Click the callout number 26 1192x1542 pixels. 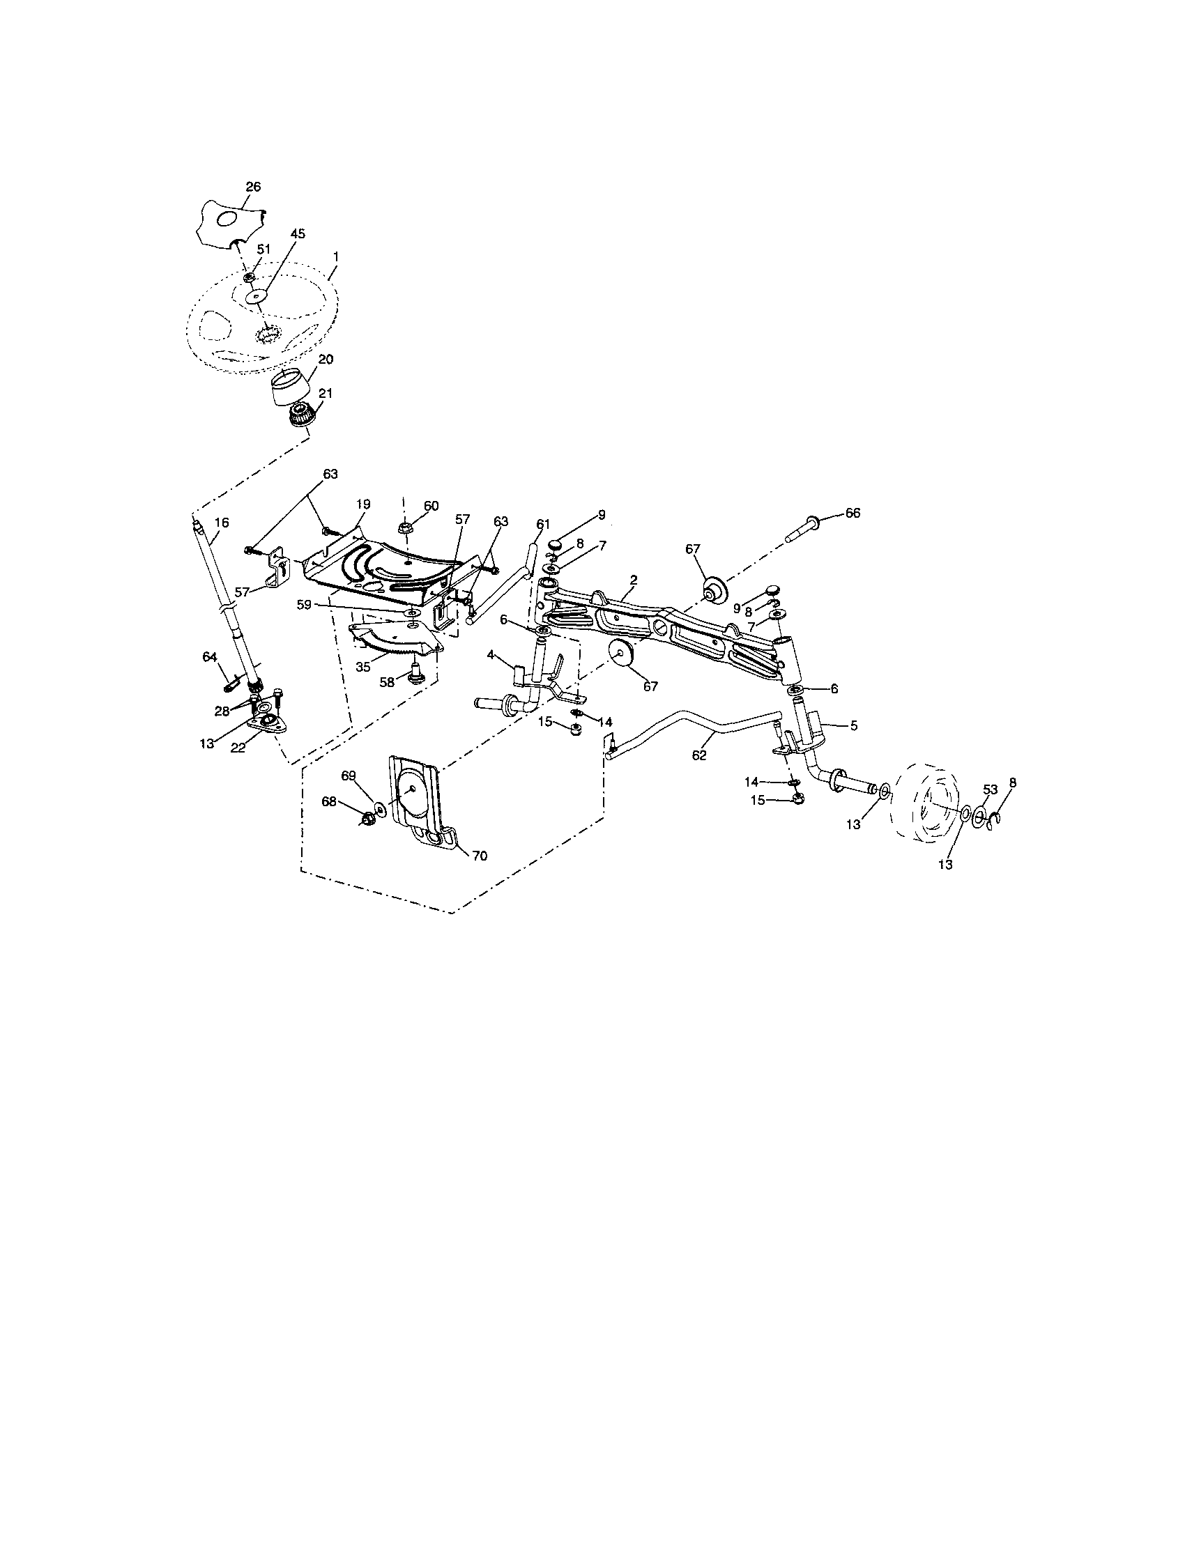(x=253, y=187)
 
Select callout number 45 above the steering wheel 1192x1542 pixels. (x=298, y=234)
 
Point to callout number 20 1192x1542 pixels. (x=325, y=360)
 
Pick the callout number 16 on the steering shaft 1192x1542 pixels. (x=221, y=523)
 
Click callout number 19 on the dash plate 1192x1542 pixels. (x=363, y=504)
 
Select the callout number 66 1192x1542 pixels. (x=853, y=514)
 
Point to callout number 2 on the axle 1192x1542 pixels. (x=634, y=579)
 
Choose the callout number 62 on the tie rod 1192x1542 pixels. (x=699, y=755)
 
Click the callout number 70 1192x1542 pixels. (x=480, y=856)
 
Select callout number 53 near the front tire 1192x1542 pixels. (x=990, y=789)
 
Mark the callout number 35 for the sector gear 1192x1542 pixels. (x=363, y=666)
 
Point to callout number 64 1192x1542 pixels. (x=210, y=656)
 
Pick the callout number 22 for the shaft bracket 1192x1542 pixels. (x=238, y=748)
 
